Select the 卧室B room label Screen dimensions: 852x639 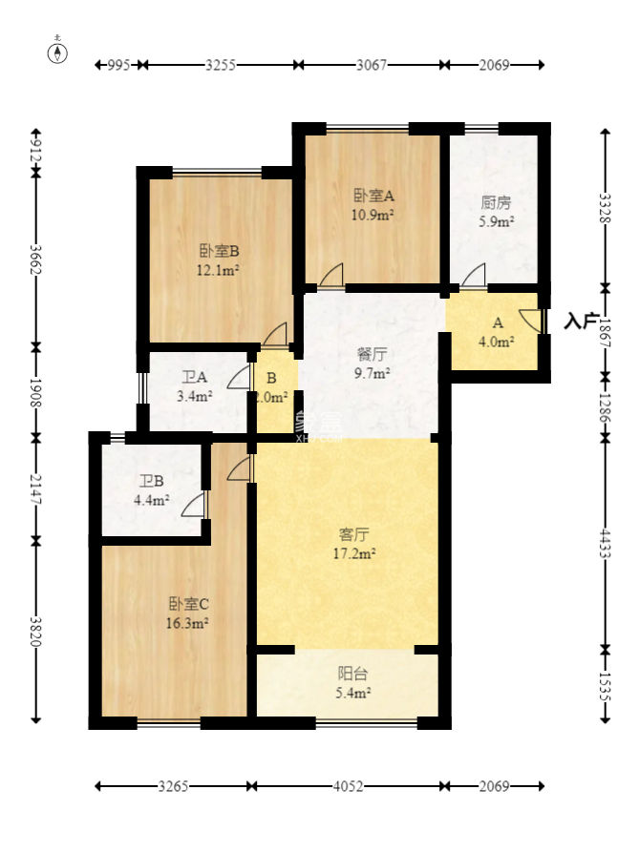[219, 251]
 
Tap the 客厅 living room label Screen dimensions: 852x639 [354, 534]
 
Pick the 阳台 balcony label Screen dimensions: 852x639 [353, 673]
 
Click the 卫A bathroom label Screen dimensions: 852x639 [194, 377]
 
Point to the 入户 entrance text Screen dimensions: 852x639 [581, 321]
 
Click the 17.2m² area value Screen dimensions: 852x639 [354, 552]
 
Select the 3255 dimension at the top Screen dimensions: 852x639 [221, 65]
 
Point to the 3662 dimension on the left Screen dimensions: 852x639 [36, 258]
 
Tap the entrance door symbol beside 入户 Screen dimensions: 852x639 [531, 321]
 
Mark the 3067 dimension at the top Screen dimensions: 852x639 [371, 65]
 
